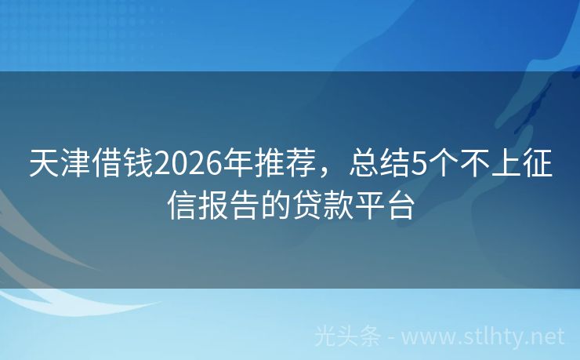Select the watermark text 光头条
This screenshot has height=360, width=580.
(x=348, y=336)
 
